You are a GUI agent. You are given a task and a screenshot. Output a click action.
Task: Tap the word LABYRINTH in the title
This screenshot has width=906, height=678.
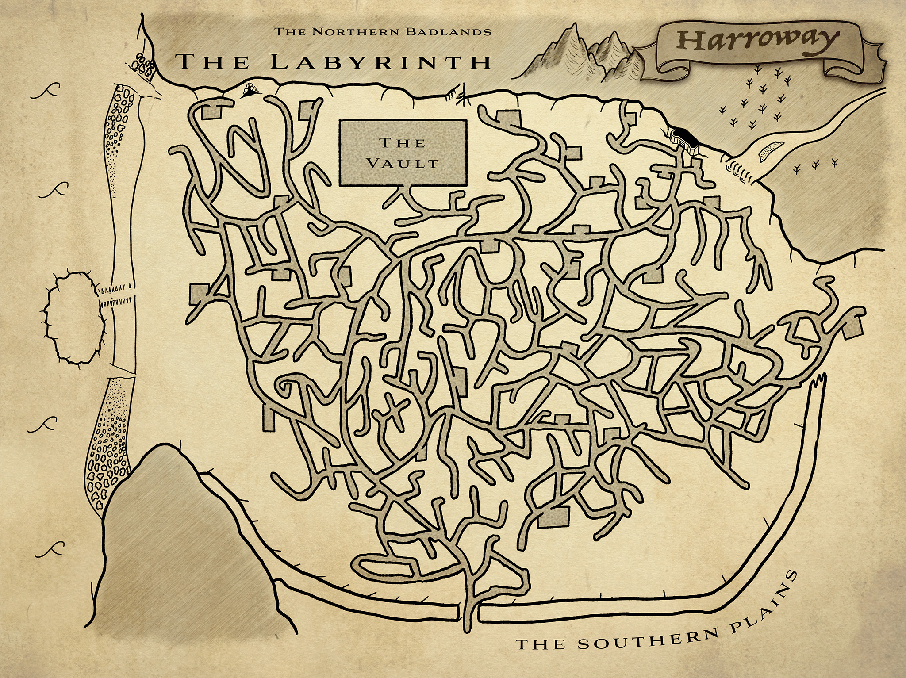pyautogui.click(x=380, y=62)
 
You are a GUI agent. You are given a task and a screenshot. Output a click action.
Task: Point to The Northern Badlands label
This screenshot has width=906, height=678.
pyautogui.click(x=383, y=31)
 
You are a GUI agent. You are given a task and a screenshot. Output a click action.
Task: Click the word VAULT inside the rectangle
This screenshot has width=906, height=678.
pyautogui.click(x=403, y=163)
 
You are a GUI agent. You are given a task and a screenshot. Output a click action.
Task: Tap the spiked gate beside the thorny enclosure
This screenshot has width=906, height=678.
pyautogui.click(x=116, y=297)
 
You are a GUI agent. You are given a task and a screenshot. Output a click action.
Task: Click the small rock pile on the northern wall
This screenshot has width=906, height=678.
pyautogui.click(x=250, y=91)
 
